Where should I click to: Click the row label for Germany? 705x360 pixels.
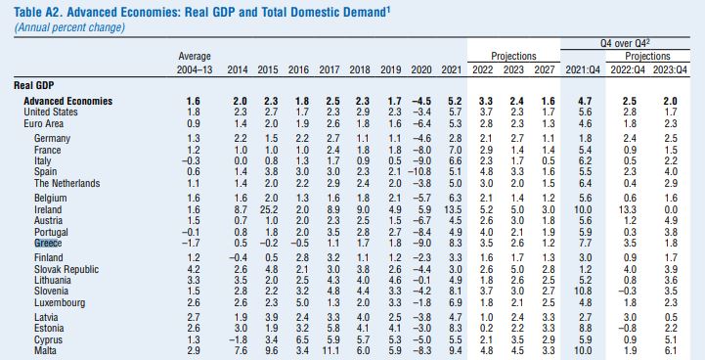pyautogui.click(x=52, y=139)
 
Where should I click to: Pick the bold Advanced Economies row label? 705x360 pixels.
pyautogui.click(x=67, y=101)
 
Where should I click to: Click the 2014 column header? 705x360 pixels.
pyautogui.click(x=238, y=70)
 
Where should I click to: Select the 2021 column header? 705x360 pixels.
pyautogui.click(x=452, y=70)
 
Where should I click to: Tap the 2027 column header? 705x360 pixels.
pyautogui.click(x=547, y=70)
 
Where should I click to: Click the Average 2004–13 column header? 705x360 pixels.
pyautogui.click(x=194, y=65)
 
